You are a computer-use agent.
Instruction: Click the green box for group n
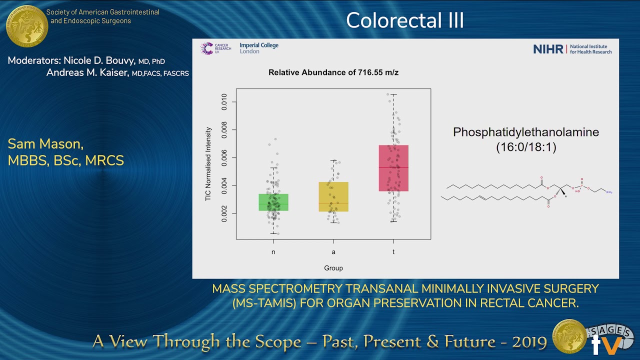coord(273,202)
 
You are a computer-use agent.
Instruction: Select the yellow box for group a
coord(333,196)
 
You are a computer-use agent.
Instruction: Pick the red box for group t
coord(393,168)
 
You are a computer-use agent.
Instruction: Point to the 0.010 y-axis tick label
coord(224,102)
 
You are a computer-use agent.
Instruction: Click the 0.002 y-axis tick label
coord(224,213)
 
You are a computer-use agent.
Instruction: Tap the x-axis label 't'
coord(393,252)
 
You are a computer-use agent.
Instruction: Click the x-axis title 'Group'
coord(333,268)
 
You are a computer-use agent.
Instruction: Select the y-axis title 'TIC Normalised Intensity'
coord(208,164)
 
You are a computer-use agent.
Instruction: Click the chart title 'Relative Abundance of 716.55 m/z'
coord(333,72)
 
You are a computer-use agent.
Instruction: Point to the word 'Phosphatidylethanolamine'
coord(526,132)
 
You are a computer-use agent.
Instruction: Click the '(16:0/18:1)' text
coord(526,147)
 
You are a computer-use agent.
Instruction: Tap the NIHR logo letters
coord(548,49)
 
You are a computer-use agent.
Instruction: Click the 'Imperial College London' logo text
coord(259,48)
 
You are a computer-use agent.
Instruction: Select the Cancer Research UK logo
coord(215,48)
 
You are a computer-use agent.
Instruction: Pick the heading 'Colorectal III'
coord(405,20)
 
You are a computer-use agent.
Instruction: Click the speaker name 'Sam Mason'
coord(45,144)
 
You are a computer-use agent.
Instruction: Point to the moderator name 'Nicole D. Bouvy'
coord(99,61)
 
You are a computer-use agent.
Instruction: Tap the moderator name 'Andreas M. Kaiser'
coord(88,73)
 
